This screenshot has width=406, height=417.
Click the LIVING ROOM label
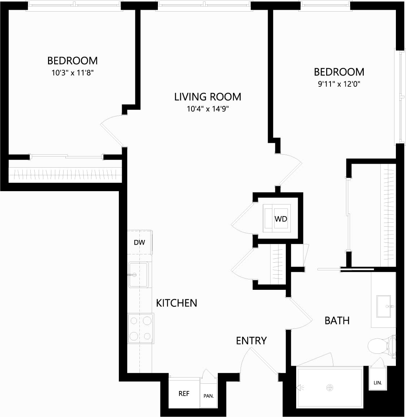[208, 97]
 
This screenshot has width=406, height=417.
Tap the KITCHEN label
[177, 303]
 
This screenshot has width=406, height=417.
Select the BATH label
[337, 321]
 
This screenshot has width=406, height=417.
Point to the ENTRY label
[251, 340]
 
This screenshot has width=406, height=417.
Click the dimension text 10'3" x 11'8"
[73, 73]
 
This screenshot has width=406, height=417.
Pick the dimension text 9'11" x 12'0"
[339, 84]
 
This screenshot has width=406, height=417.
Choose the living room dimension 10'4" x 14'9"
[208, 109]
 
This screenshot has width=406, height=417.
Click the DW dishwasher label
[139, 242]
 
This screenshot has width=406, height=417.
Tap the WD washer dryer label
[281, 219]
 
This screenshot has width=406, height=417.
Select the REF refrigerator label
[184, 394]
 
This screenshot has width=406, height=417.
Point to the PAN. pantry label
[208, 396]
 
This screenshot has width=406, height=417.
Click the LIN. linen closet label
[378, 383]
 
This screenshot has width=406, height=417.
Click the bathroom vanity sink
[384, 306]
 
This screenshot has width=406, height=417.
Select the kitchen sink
[138, 275]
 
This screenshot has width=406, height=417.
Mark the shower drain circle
[329, 388]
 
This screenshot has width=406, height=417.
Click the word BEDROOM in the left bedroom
[73, 61]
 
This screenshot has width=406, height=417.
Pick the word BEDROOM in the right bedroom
[339, 72]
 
